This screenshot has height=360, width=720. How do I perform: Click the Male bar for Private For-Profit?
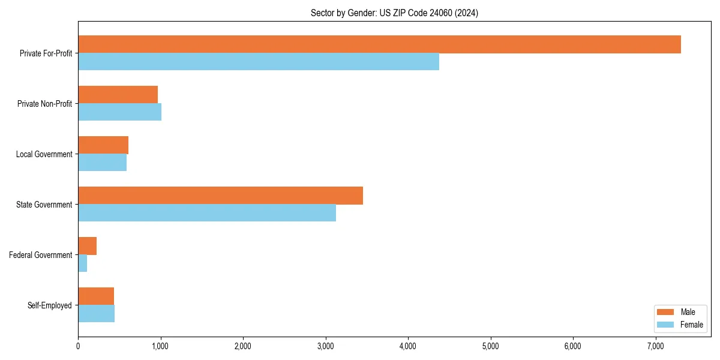pos(379,44)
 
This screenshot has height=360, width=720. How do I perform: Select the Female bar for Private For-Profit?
pos(259,62)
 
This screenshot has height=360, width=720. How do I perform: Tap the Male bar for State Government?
pos(220,196)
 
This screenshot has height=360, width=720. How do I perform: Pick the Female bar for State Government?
pos(207,213)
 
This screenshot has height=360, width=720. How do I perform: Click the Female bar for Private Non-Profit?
pos(119,112)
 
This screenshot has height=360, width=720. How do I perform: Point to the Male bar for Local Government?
pos(103,145)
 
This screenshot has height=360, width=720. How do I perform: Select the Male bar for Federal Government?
pos(87,246)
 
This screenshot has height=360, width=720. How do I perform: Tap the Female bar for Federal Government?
pos(83,263)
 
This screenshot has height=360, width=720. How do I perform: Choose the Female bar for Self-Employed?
pos(96,314)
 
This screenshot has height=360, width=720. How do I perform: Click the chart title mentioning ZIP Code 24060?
pos(394,13)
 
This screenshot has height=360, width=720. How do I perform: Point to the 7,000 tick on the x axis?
pos(656,346)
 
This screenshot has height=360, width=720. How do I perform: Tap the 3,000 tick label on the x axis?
pos(326,346)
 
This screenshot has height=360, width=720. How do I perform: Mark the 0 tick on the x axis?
pos(78,346)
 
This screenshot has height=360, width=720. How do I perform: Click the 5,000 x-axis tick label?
pos(491,346)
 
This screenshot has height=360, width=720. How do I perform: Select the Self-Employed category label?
pos(50,305)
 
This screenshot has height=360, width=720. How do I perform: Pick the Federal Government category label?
pos(41,255)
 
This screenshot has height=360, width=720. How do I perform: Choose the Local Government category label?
pos(44,154)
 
